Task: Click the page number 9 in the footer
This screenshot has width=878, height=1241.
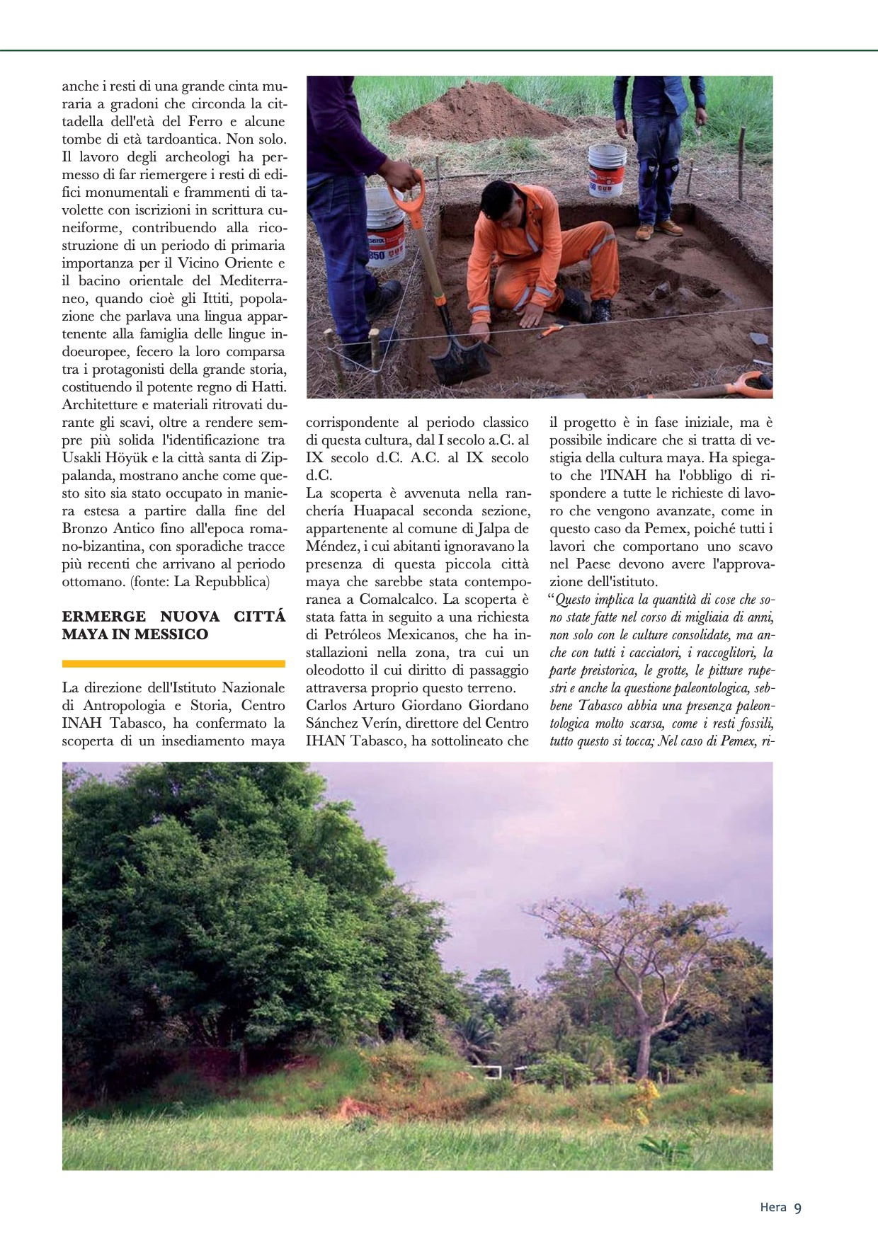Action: click(x=798, y=1208)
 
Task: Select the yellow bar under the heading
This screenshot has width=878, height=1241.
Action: click(x=173, y=663)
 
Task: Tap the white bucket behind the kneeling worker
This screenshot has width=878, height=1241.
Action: click(x=608, y=170)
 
